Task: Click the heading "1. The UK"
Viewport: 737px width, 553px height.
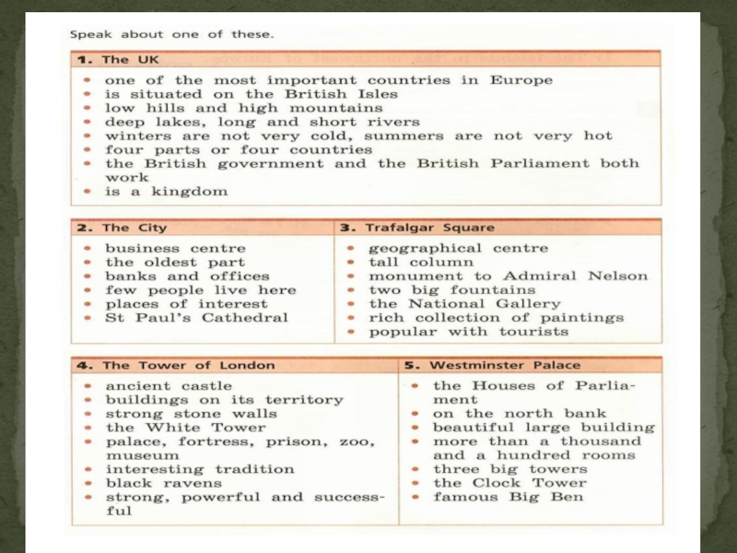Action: [102, 60]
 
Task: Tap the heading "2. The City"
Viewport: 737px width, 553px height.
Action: [122, 228]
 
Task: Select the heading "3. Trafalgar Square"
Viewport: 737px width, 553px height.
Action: [417, 228]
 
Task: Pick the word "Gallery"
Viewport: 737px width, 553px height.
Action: [521, 303]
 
